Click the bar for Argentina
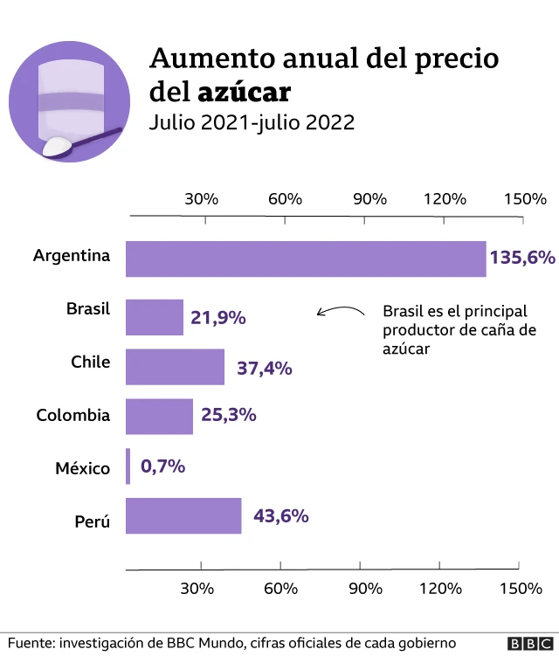[x=306, y=259]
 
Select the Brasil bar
[x=155, y=317]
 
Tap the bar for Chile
[x=175, y=367]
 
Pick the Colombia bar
[x=159, y=417]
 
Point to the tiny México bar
[x=128, y=466]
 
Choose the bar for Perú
[x=183, y=516]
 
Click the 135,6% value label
[x=521, y=258]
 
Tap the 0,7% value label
[x=162, y=466]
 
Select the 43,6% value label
[x=280, y=516]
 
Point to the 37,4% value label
[x=264, y=368]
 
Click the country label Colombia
[x=73, y=416]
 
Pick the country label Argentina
[x=72, y=257]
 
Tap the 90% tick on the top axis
[x=370, y=199]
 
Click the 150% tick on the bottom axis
[x=521, y=588]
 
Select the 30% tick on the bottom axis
[x=200, y=588]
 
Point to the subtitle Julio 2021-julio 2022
[x=252, y=122]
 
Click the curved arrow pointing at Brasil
[x=340, y=310]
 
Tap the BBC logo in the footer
[x=527, y=643]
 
